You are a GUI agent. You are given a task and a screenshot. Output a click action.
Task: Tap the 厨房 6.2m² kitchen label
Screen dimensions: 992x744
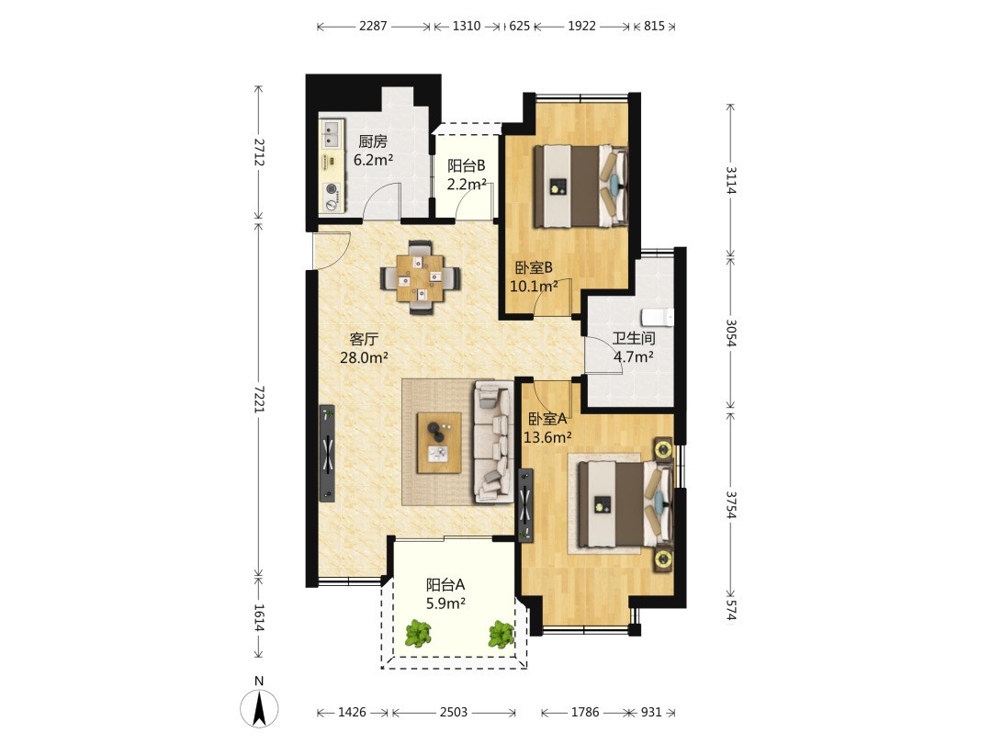pyautogui.click(x=373, y=151)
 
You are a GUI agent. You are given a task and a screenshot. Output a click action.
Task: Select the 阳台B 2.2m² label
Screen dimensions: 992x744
pyautogui.click(x=467, y=175)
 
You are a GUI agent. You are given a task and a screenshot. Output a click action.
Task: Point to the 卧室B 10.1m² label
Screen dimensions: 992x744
pyautogui.click(x=534, y=276)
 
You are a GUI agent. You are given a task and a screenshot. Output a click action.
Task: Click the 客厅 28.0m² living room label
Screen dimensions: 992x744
pyautogui.click(x=364, y=348)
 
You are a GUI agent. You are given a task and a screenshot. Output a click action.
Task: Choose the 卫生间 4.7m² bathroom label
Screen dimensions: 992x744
pyautogui.click(x=633, y=347)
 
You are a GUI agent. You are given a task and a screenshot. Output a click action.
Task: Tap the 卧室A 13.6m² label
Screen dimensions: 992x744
pyautogui.click(x=547, y=428)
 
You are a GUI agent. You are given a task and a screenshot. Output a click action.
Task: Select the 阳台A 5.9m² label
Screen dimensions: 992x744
pyautogui.click(x=445, y=594)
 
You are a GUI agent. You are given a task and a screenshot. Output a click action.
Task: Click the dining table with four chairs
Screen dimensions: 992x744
pyautogui.click(x=420, y=277)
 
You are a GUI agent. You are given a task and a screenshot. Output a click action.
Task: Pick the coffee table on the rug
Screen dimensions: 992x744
pyautogui.click(x=439, y=442)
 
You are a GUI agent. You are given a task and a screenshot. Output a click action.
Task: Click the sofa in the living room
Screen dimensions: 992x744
pyautogui.click(x=493, y=442)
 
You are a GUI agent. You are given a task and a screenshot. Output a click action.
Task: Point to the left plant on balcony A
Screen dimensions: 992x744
pyautogui.click(x=418, y=633)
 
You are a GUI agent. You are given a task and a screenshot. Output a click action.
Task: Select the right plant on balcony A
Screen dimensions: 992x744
pyautogui.click(x=502, y=634)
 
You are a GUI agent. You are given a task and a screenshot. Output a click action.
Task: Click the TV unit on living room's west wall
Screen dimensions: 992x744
pyautogui.click(x=327, y=453)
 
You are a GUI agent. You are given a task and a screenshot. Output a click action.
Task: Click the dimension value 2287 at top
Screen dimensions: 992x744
pyautogui.click(x=373, y=26)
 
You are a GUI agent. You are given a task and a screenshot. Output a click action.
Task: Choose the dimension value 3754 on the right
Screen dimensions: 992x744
pyautogui.click(x=731, y=504)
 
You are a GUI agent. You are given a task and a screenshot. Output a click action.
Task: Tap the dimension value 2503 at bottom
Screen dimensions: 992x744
pyautogui.click(x=454, y=713)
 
